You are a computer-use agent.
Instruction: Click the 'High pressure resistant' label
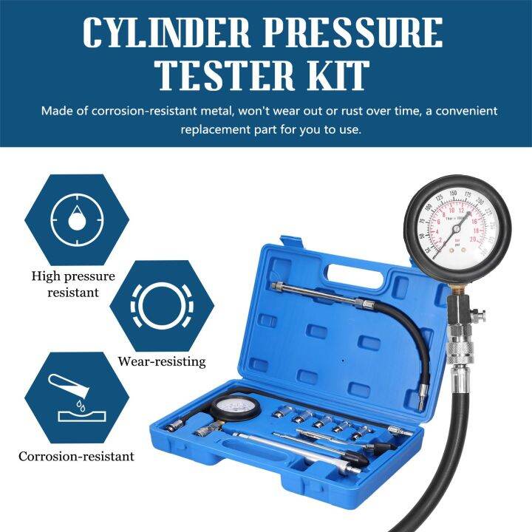click(72, 284)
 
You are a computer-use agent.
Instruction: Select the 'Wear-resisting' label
click(161, 362)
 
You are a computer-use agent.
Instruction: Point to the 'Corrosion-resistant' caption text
click(77, 456)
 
